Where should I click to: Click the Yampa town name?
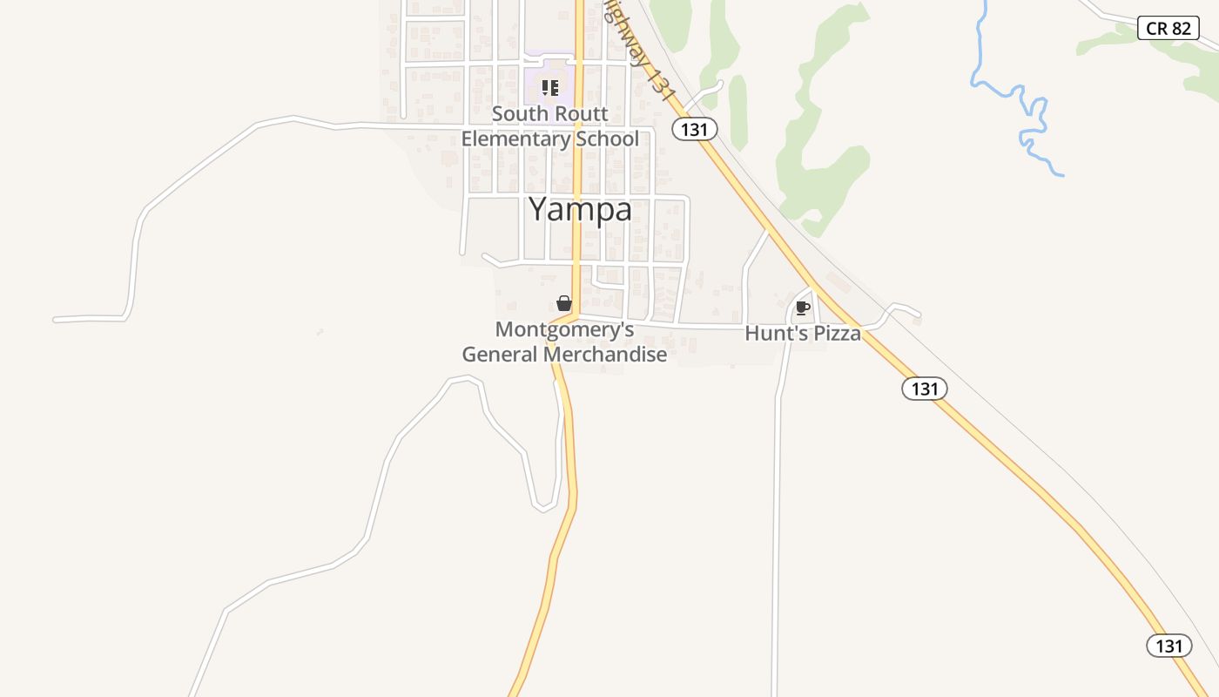point(580,210)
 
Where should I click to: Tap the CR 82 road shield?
point(1168,28)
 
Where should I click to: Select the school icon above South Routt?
point(549,87)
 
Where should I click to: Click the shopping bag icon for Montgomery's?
point(564,303)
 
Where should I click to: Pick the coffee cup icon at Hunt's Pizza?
point(802,308)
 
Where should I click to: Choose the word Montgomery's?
point(564,330)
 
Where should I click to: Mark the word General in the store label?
point(500,355)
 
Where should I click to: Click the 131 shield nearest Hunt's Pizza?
point(924,389)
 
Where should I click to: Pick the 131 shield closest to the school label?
point(694,130)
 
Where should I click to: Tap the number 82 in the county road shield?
point(1180,28)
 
